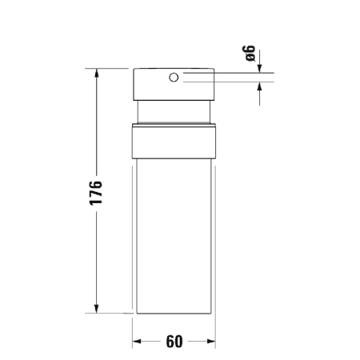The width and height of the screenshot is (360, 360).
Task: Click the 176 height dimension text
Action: [x=96, y=192]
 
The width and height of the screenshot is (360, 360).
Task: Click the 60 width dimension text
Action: [x=174, y=342]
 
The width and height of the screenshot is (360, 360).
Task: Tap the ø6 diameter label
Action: [x=250, y=55]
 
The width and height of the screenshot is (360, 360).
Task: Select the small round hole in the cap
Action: [x=172, y=78]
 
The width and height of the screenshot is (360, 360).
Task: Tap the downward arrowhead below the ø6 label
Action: [x=260, y=70]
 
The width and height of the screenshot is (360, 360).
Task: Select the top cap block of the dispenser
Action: [x=174, y=84]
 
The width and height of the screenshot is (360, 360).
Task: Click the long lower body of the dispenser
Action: [x=174, y=240]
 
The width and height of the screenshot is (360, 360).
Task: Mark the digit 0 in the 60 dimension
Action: [x=179, y=342]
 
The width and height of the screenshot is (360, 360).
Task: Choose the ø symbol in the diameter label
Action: [x=250, y=60]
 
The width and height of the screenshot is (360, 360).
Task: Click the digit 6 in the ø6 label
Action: [x=250, y=50]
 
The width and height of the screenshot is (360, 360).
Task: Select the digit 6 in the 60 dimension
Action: [x=170, y=342]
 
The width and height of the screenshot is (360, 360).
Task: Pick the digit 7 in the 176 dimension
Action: [x=96, y=193]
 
